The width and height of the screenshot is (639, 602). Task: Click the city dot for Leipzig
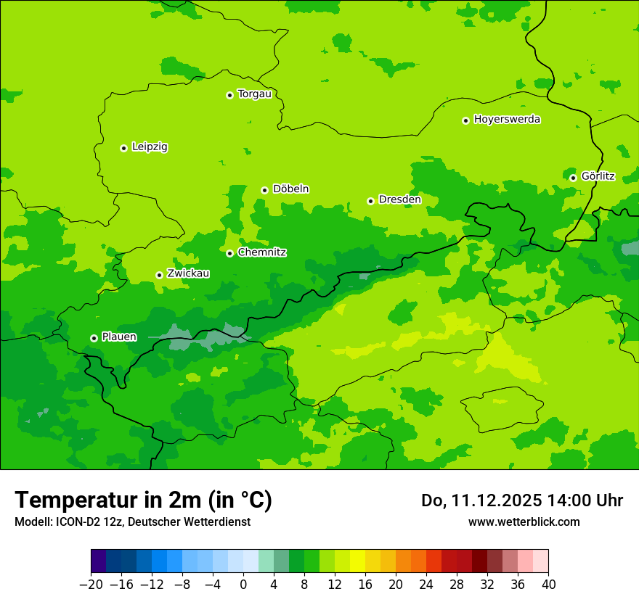123,148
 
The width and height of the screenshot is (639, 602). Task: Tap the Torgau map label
254,94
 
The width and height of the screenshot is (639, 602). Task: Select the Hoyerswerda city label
507,119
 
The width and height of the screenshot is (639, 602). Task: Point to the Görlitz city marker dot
573,178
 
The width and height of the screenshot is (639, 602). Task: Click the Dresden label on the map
399,199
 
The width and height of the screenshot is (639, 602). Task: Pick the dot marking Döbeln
264,190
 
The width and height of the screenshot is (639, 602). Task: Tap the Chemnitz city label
261,252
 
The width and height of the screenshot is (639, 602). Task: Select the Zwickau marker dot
159,275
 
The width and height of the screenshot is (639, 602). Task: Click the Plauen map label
119,337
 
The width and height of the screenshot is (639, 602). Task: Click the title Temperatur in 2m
143,500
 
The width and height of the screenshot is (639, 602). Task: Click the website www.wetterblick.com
524,522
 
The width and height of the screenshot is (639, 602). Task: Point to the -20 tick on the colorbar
91,585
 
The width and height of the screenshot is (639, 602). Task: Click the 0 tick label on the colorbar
243,585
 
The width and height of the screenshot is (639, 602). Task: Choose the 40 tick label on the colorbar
548,585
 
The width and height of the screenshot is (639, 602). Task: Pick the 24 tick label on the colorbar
426,585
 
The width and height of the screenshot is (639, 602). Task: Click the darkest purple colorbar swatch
98,561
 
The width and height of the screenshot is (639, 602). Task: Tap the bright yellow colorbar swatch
357,561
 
